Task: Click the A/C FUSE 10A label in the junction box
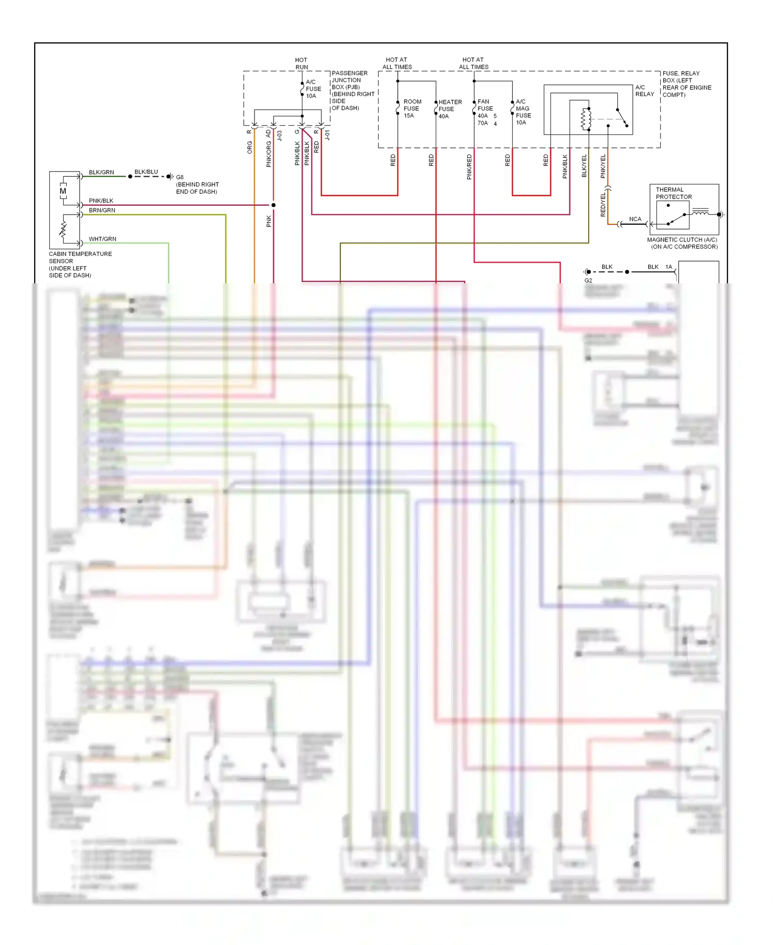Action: (x=313, y=89)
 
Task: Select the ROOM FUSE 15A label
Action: (x=412, y=109)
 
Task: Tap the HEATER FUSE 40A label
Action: (x=450, y=109)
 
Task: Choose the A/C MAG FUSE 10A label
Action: (x=523, y=112)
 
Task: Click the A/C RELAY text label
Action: (x=644, y=90)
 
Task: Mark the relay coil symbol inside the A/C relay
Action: (x=586, y=119)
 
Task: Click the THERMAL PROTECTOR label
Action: (x=674, y=193)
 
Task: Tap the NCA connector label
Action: (x=635, y=219)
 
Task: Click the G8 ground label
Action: (x=180, y=177)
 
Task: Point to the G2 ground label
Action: (x=588, y=281)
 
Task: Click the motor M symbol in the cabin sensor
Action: (x=63, y=191)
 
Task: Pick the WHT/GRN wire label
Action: (x=102, y=239)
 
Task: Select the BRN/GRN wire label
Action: (x=102, y=210)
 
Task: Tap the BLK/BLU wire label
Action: (x=146, y=172)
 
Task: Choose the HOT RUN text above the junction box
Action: (x=301, y=64)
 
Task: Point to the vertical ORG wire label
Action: (x=249, y=147)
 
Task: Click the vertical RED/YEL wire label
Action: (x=603, y=205)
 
